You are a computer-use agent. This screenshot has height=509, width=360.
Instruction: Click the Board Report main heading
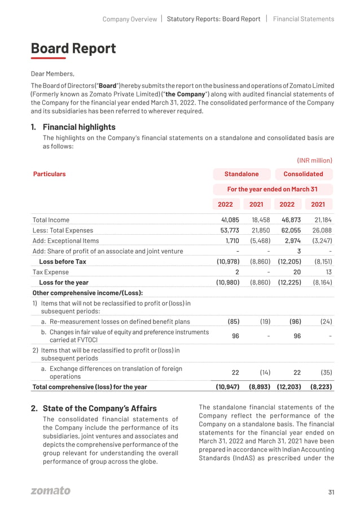(x=73, y=49)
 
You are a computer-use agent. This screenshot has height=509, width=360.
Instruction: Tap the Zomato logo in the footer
(x=51, y=491)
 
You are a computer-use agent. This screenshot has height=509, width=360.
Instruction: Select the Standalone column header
(x=242, y=174)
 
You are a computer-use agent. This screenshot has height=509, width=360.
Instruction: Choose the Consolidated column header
(x=303, y=174)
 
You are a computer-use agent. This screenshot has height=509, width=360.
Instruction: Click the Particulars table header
(x=49, y=174)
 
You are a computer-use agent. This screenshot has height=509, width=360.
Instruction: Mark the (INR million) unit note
(x=314, y=160)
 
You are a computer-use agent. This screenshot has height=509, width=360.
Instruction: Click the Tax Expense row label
(x=51, y=272)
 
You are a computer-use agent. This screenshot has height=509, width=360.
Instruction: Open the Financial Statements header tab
(x=304, y=19)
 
